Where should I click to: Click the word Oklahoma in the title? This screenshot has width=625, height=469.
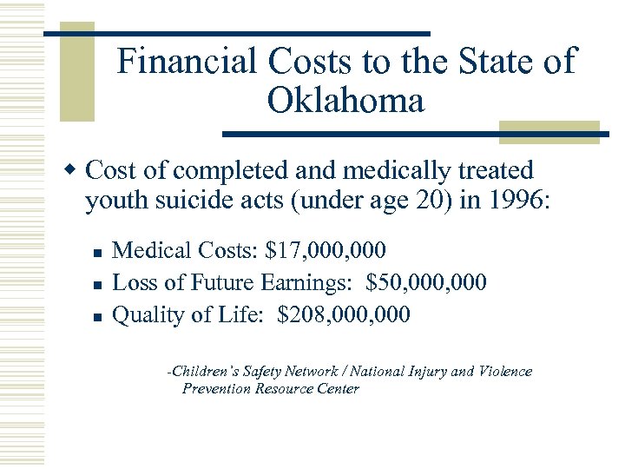[345, 102]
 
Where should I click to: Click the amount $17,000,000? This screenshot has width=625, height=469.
[326, 251]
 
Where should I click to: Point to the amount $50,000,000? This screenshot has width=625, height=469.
[427, 282]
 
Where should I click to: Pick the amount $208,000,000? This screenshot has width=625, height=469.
[344, 314]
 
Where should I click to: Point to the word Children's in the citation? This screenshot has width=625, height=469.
[203, 371]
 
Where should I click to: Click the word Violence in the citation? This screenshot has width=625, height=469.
[504, 371]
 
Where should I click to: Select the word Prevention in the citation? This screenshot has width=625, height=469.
[216, 388]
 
